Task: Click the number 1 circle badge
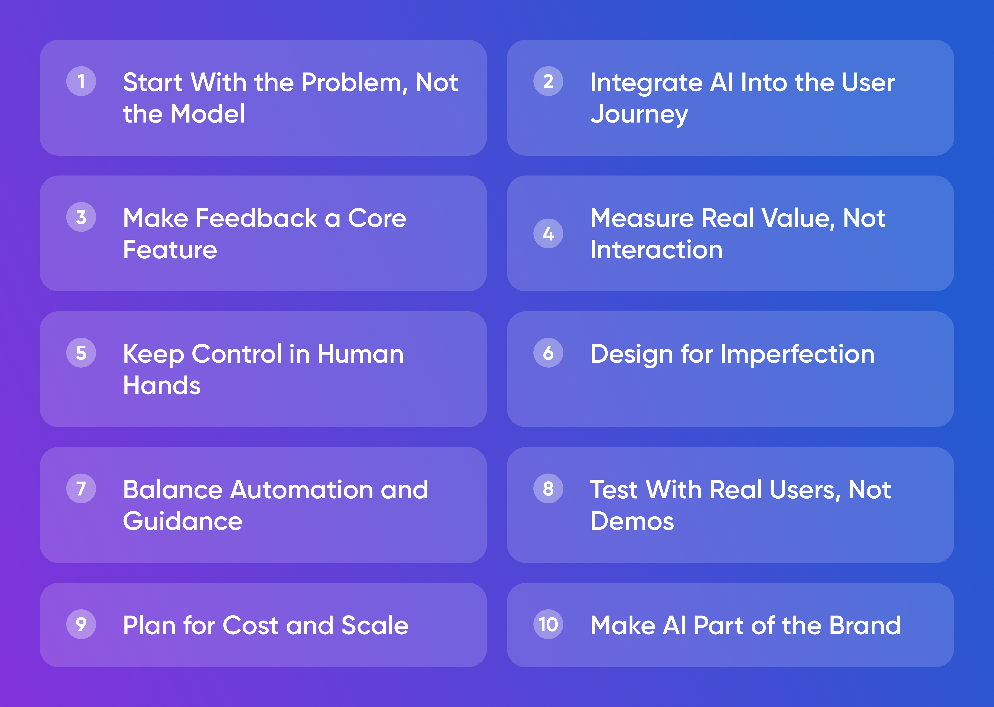pos(81,81)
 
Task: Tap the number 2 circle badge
pos(548,81)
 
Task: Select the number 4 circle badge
pos(548,233)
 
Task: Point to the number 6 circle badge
pos(548,353)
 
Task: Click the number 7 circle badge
pos(81,488)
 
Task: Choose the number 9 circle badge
pos(81,624)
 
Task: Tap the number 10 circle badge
pos(548,624)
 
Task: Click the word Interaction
pos(656,250)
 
